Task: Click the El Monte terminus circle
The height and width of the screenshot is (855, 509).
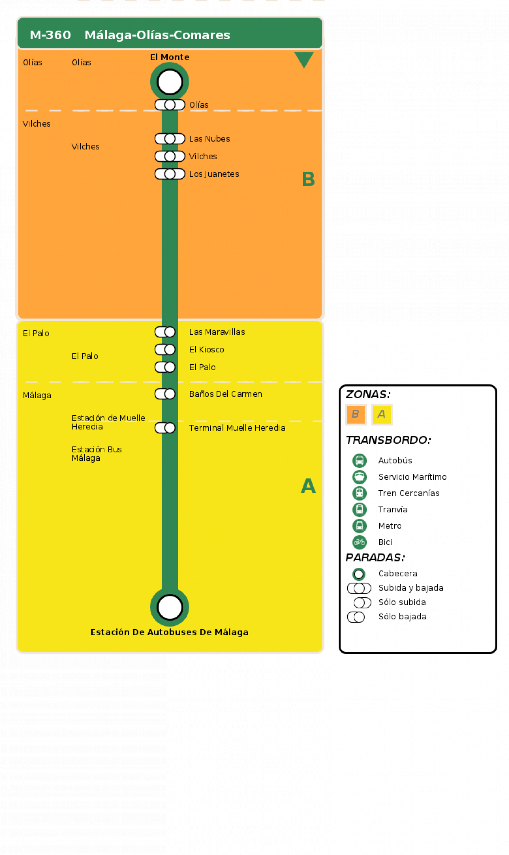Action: tap(170, 82)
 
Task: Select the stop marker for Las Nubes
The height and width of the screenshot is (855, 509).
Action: tap(170, 139)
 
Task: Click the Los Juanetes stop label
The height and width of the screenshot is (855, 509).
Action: tap(214, 174)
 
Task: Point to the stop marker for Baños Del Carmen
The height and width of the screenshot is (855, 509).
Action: tap(165, 394)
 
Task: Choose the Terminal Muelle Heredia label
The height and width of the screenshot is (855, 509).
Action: tap(237, 428)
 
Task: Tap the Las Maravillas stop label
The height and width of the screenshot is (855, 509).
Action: tap(217, 332)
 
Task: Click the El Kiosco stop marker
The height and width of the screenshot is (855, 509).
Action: tap(165, 349)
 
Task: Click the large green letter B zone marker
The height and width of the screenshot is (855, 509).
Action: tap(308, 179)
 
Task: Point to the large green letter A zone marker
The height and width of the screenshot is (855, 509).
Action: tap(308, 486)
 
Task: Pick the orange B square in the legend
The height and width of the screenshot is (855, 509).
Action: tap(355, 414)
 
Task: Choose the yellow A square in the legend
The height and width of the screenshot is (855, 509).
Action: tap(382, 414)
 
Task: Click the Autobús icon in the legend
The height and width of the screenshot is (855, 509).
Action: tap(359, 460)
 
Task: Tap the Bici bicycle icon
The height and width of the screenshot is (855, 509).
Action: tap(359, 542)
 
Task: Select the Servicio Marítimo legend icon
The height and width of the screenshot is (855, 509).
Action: tap(359, 477)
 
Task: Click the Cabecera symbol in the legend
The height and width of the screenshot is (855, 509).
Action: tap(359, 574)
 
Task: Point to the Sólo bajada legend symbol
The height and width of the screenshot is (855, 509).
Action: tap(356, 617)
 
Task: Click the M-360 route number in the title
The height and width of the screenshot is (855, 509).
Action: tap(50, 35)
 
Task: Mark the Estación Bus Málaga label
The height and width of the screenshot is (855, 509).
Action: tap(96, 454)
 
